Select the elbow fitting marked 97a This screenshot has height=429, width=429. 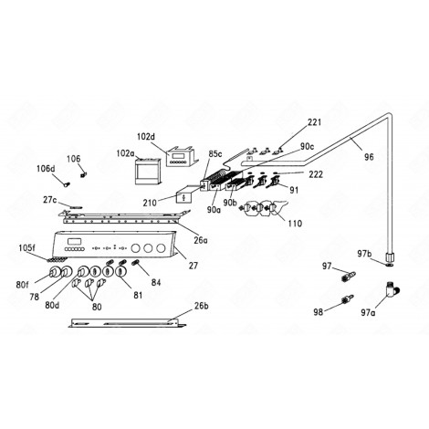pos(390,288)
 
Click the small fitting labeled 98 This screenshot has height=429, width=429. pos(319,312)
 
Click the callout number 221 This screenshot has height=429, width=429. pos(314,122)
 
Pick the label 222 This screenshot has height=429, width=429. pos(315,173)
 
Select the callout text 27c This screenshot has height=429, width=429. pos(50,200)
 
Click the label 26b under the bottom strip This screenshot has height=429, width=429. pos(199,307)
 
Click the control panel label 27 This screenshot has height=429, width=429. pos(193,266)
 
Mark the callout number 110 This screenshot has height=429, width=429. pos(294,223)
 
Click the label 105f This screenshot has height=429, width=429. pos(26,247)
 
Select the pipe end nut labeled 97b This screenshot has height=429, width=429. pos(390,259)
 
